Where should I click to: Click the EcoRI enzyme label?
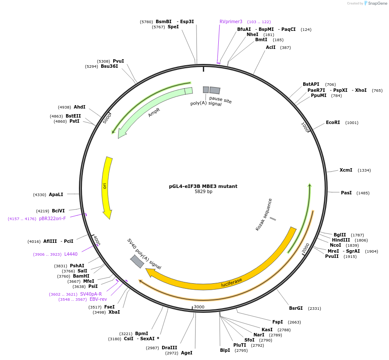(x=333, y=123)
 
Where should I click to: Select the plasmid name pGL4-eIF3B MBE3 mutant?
(x=203, y=186)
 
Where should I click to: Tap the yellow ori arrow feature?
(x=106, y=187)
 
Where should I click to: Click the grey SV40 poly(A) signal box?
(x=137, y=261)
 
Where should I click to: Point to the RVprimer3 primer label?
(x=231, y=21)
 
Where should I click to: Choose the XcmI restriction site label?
(x=346, y=170)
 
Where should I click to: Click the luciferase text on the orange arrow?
(x=232, y=282)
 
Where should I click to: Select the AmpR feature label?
(x=154, y=112)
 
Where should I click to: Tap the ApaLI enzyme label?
(x=56, y=194)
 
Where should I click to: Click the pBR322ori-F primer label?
(x=52, y=218)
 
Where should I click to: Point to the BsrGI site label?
(x=296, y=308)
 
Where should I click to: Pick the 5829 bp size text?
(x=203, y=192)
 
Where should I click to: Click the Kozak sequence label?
(x=264, y=214)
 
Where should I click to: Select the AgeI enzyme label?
(x=186, y=353)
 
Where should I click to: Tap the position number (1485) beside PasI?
(x=363, y=193)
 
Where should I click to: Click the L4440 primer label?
(x=71, y=254)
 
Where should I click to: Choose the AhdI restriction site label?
(x=79, y=107)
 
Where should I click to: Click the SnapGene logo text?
(x=376, y=3)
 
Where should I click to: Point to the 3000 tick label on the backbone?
(x=199, y=307)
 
